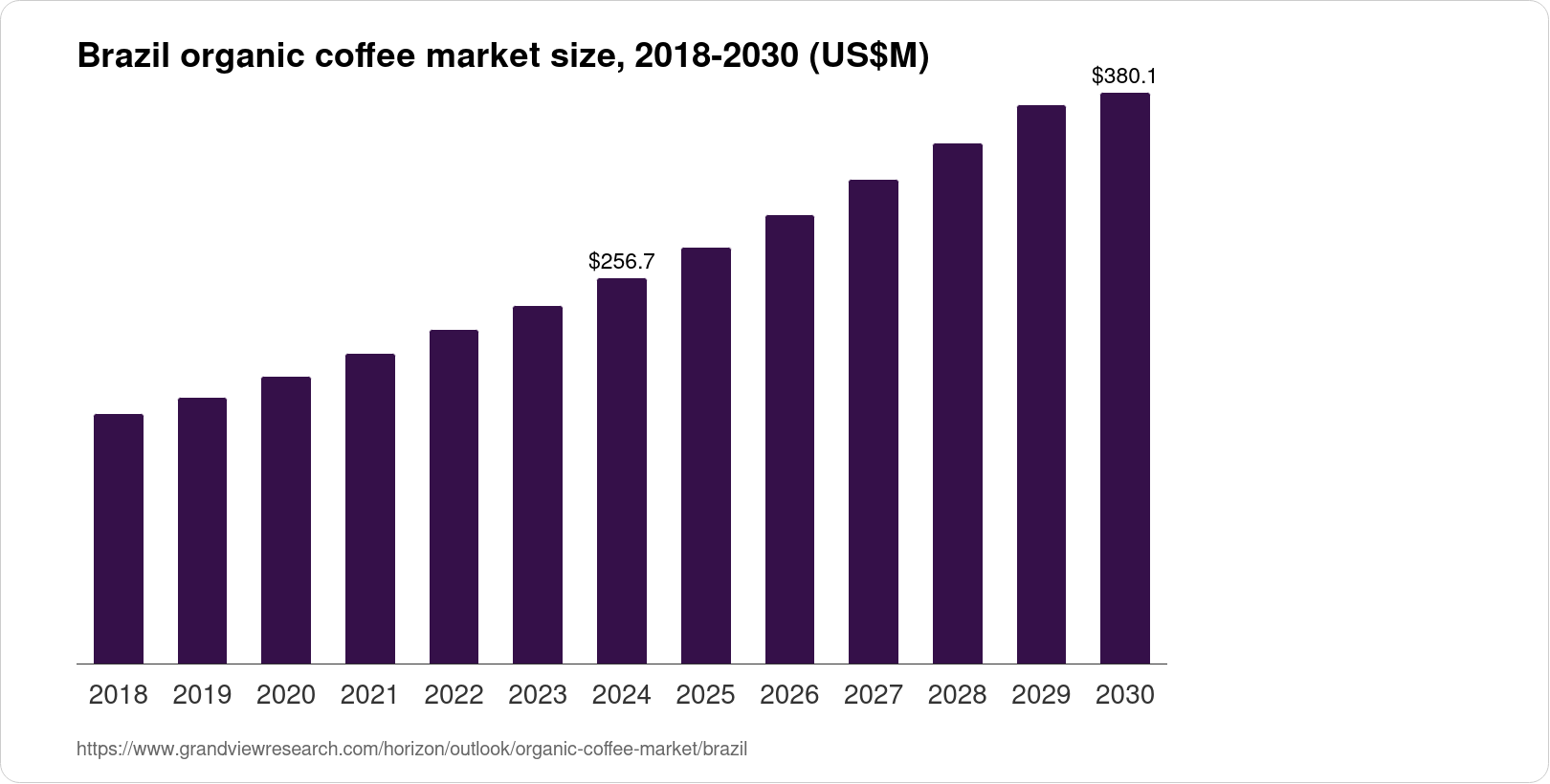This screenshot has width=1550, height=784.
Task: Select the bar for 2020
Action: (x=286, y=520)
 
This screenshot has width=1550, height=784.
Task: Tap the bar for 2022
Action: (x=454, y=496)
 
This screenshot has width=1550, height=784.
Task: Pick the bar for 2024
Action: (x=622, y=470)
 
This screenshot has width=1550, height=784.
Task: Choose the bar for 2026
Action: (x=789, y=439)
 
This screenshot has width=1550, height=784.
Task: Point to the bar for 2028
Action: (x=957, y=403)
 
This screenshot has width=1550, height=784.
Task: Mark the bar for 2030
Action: (x=1125, y=378)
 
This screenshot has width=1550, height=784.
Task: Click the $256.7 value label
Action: (x=622, y=261)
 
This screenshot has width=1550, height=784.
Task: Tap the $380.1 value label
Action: (x=1124, y=76)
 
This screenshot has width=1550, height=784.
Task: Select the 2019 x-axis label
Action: (x=202, y=695)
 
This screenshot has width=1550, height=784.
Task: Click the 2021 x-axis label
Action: (x=369, y=695)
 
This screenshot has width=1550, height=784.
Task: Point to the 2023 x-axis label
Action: (x=538, y=695)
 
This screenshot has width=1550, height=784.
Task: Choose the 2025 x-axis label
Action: (x=705, y=695)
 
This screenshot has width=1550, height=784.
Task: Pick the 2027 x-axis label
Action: (x=874, y=695)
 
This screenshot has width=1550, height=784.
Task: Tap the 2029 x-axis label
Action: (x=1041, y=695)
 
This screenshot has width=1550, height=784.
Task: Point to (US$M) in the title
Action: (x=868, y=57)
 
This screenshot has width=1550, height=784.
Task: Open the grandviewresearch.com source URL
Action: (x=411, y=750)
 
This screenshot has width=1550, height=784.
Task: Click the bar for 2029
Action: (x=1041, y=384)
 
